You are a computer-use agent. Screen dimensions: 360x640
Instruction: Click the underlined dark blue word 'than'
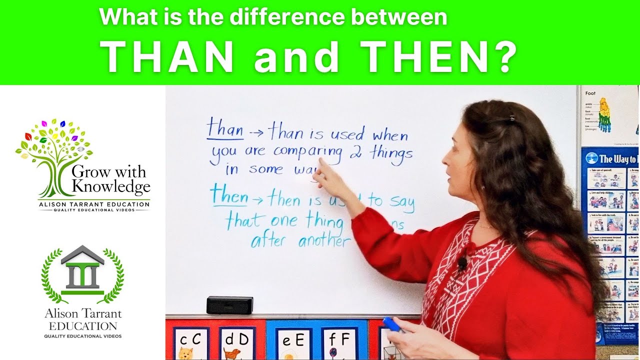point(225,129)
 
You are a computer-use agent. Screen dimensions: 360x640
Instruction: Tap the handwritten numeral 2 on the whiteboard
point(356,152)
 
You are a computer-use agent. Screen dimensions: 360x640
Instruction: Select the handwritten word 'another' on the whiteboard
point(324,241)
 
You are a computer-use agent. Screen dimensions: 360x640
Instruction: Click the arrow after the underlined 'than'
point(256,133)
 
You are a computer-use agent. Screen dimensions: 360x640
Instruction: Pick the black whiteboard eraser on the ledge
point(229,305)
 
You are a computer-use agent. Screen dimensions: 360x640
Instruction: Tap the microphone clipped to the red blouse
point(463,261)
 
